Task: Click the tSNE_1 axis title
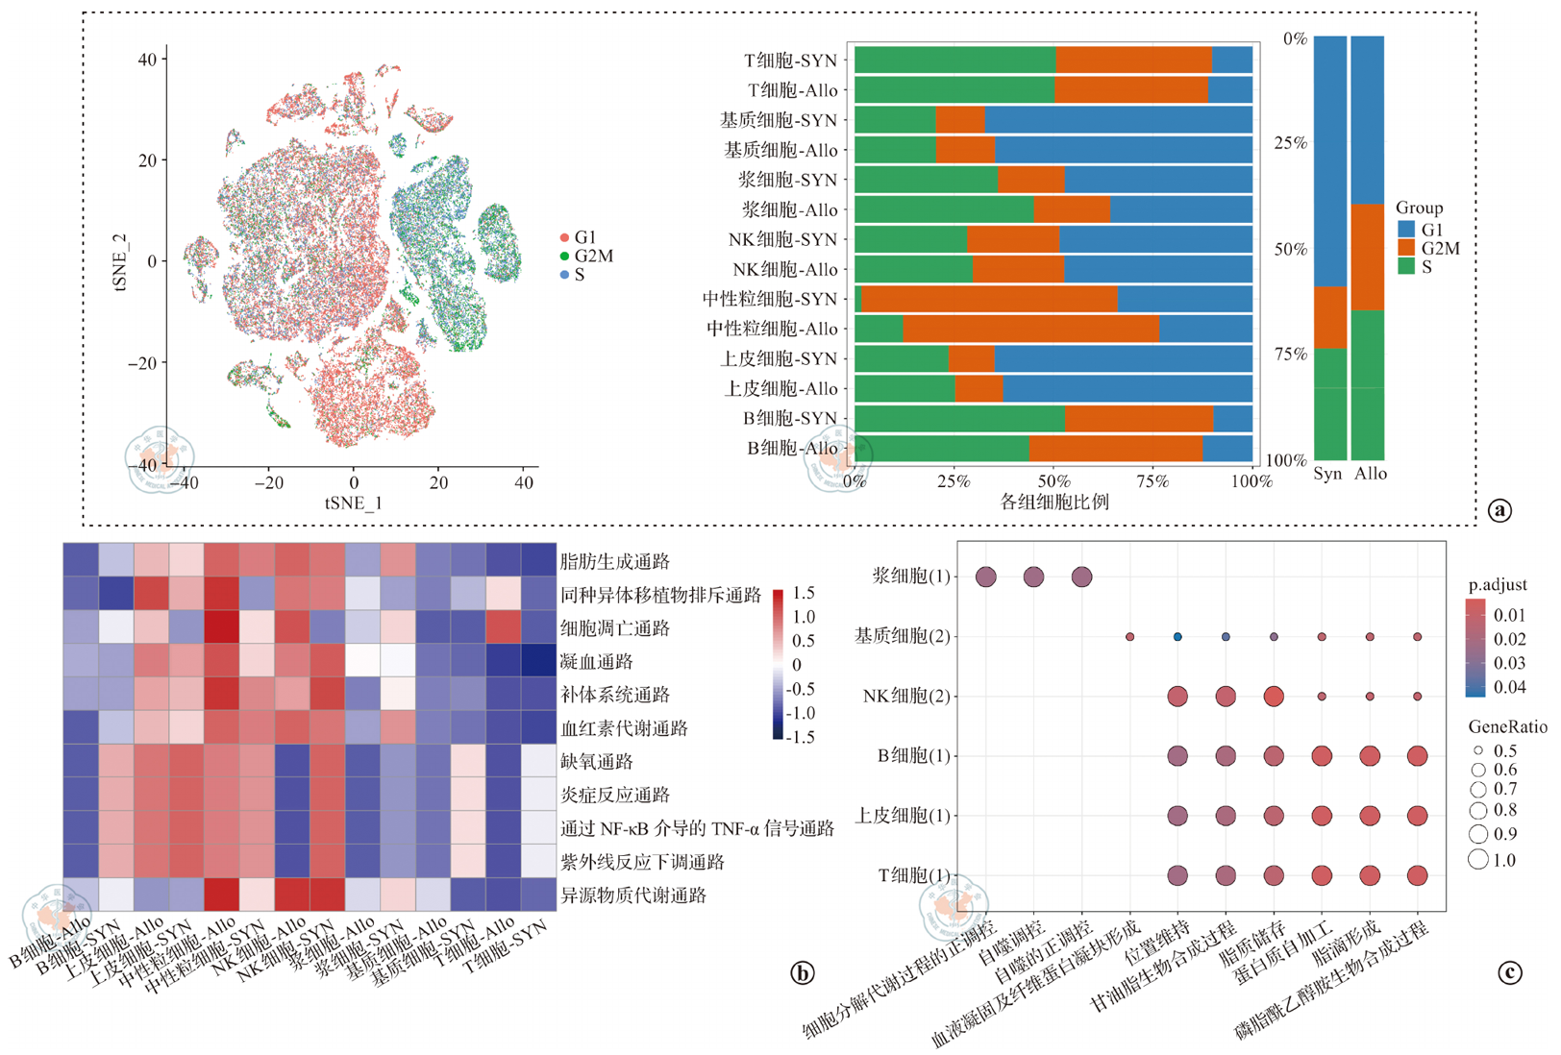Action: [353, 503]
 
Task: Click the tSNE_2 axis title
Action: [120, 261]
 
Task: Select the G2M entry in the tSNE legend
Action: [593, 257]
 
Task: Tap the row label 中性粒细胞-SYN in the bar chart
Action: [769, 300]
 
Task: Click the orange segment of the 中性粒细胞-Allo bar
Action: [1030, 329]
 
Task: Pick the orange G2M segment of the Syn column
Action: [1330, 317]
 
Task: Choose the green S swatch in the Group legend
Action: [1406, 266]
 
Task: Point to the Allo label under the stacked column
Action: [1371, 474]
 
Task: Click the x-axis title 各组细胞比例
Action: [1054, 502]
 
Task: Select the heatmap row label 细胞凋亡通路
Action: [614, 628]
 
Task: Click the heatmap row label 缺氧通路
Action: [597, 762]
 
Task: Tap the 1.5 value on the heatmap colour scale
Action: [804, 593]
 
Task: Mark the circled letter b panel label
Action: [802, 973]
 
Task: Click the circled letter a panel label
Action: [1499, 510]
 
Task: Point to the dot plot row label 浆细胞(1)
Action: [910, 577]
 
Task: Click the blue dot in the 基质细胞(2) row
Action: [1177, 637]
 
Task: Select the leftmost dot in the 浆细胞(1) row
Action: [985, 577]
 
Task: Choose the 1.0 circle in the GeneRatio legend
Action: [1478, 859]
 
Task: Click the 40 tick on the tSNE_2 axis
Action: [147, 60]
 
